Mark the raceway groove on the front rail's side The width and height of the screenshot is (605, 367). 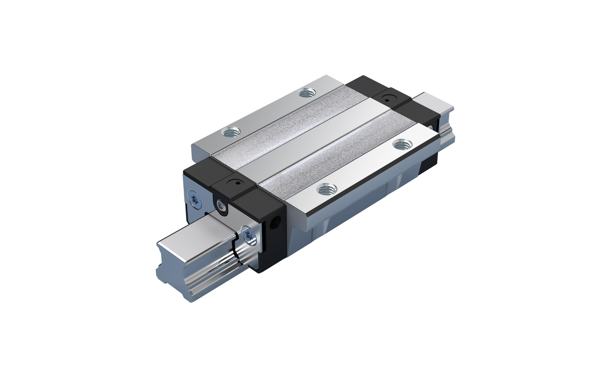tap(212, 269)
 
